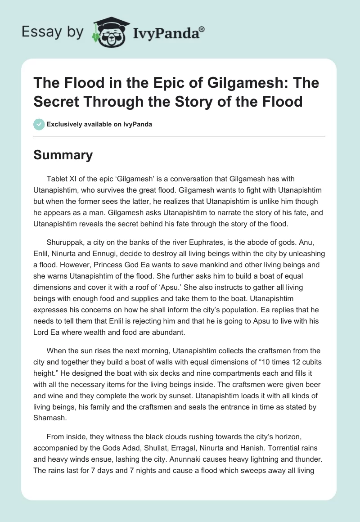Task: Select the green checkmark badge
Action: (39, 125)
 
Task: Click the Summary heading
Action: (63, 155)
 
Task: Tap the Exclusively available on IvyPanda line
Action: (99, 125)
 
